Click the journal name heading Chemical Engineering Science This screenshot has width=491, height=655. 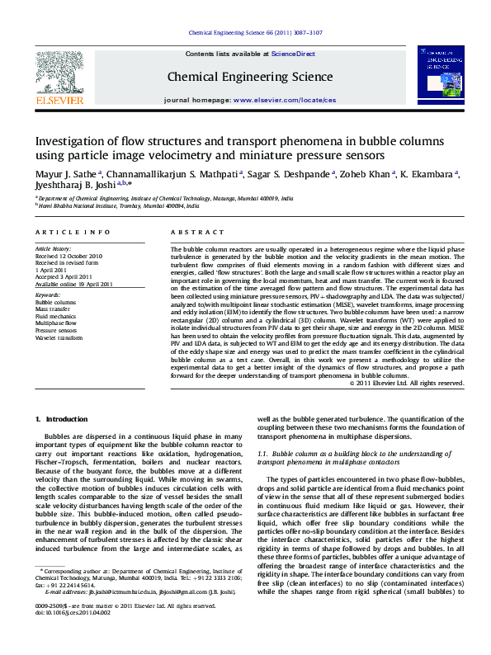(x=238, y=78)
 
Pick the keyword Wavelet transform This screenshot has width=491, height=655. (x=59, y=338)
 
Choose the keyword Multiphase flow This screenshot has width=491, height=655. (x=56, y=323)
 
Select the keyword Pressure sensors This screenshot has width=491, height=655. (x=57, y=331)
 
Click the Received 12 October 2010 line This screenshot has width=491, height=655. (x=68, y=256)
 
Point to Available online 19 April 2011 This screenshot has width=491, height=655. (x=74, y=285)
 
